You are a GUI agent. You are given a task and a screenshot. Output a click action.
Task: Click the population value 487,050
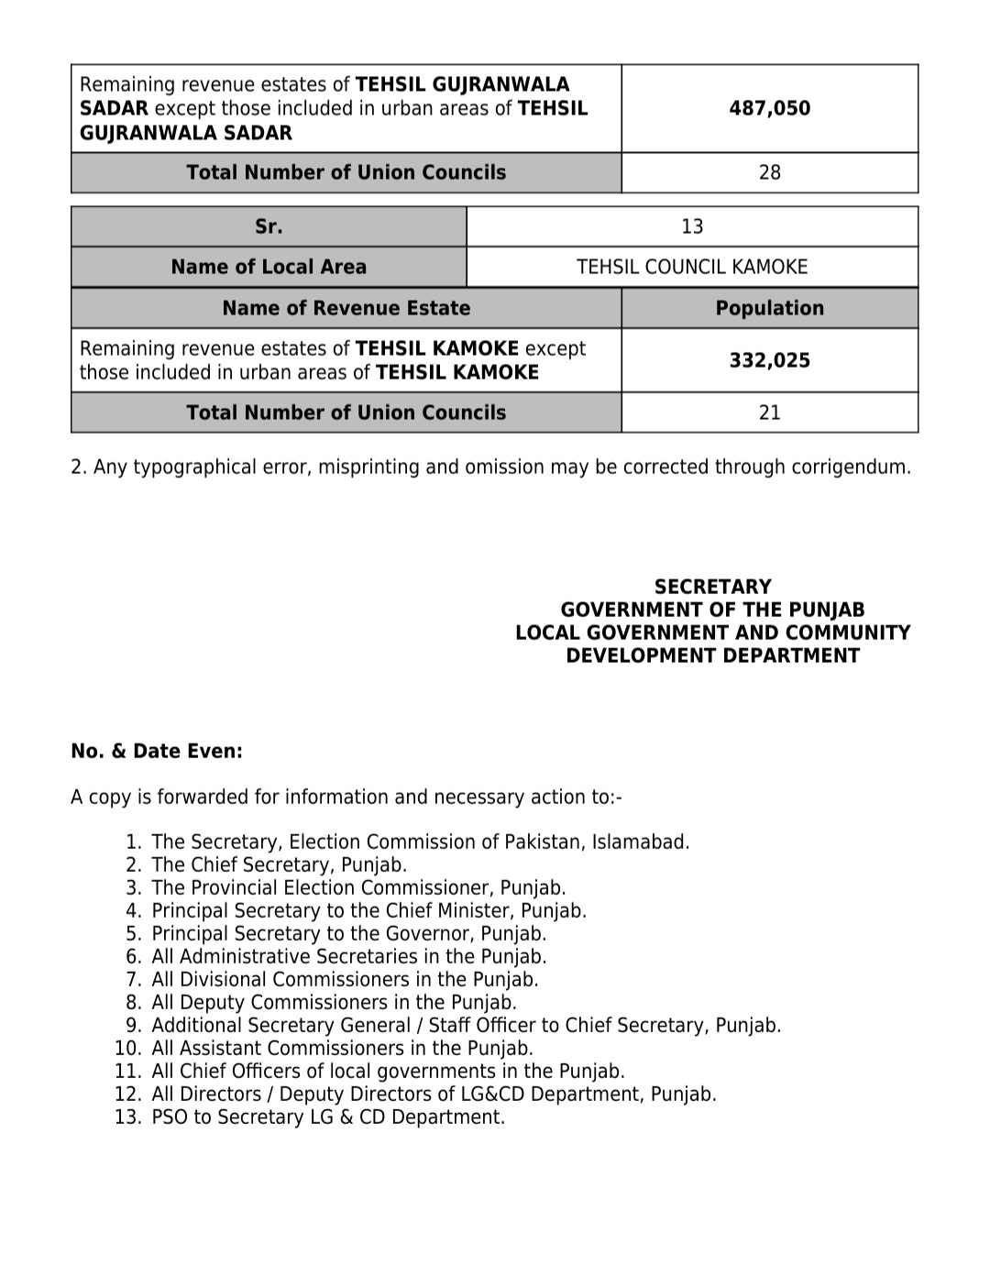coord(769,108)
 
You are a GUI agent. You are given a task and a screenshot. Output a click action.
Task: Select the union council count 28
coord(769,172)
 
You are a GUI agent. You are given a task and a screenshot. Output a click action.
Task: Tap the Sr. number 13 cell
coord(692,226)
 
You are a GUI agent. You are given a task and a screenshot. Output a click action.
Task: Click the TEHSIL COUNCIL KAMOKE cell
coord(692,267)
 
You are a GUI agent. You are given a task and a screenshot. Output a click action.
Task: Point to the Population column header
coord(769,308)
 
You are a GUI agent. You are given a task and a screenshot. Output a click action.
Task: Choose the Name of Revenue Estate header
coord(346,308)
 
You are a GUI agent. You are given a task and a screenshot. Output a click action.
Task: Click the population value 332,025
coord(769,360)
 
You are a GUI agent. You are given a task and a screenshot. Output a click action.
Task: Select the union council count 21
coord(769,412)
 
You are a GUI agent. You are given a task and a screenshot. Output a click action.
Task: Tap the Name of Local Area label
coord(269,267)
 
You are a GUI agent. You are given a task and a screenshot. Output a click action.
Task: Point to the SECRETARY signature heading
coord(712,587)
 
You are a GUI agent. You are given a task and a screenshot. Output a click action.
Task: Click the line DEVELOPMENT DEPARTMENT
coord(712,655)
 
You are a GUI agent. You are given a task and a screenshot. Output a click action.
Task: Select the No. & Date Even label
coord(157,752)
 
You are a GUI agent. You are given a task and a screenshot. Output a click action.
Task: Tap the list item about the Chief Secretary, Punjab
coord(279,864)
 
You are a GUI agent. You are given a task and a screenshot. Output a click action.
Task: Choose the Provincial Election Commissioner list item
coord(358,887)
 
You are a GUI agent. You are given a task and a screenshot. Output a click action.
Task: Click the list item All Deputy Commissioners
coord(334,1002)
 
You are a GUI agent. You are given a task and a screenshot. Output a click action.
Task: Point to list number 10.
coord(127,1048)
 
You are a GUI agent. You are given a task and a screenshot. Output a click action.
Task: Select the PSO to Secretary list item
coord(327,1116)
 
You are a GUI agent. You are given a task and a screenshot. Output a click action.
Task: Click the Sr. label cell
coord(269,226)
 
